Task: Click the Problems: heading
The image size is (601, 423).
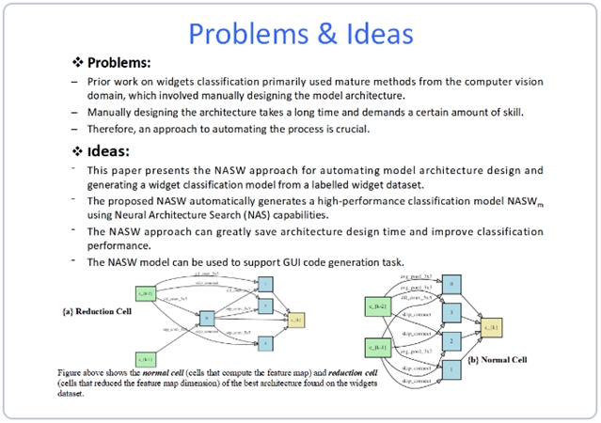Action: [x=119, y=62]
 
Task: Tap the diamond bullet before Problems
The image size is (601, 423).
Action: [x=78, y=62]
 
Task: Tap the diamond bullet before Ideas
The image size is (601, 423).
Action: [x=78, y=150]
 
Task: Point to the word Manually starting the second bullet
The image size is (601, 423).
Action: [x=113, y=113]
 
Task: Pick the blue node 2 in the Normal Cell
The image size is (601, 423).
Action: [x=451, y=341]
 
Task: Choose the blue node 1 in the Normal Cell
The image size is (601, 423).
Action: [x=451, y=370]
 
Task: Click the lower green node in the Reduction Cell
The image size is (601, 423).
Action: [x=146, y=359]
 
